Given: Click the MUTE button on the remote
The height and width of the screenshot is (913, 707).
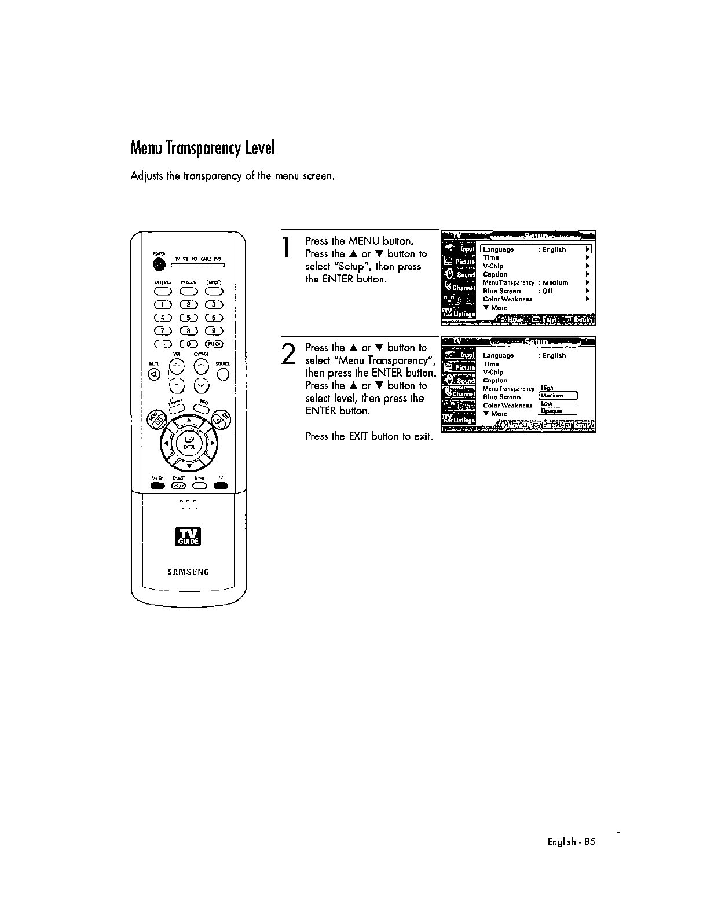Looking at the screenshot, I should click(155, 375).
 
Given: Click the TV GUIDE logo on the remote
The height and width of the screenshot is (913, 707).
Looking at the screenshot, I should click(189, 537).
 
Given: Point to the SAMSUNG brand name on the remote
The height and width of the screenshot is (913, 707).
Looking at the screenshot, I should click(188, 572).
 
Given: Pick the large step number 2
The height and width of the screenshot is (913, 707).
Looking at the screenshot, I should click(288, 354).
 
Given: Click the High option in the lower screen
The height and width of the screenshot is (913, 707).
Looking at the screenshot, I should click(547, 388).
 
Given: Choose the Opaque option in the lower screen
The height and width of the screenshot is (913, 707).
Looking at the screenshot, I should click(551, 411).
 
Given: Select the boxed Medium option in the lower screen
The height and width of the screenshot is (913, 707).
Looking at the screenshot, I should click(558, 396).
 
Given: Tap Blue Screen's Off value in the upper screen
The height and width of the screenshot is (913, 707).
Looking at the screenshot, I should click(547, 291).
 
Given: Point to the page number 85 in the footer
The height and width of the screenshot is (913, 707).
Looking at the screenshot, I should click(589, 842).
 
